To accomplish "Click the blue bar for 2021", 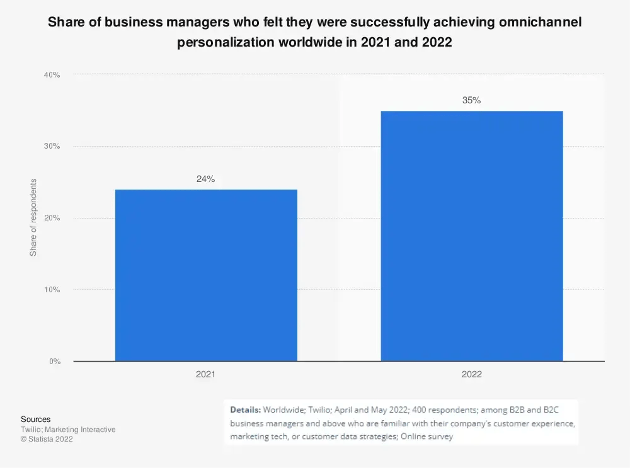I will (206, 275).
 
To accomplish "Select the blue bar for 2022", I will (472, 236).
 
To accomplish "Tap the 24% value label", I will (205, 179).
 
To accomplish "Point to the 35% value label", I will (471, 100).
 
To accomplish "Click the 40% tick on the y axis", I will (52, 74).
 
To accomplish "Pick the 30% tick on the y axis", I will (52, 146).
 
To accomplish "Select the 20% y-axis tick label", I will (52, 218).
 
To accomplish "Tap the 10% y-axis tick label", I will (52, 290).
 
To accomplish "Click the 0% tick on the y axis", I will (54, 362).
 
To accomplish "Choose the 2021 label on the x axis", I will (205, 374).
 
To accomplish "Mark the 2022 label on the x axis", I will (471, 374).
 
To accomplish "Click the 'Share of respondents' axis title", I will (34, 217).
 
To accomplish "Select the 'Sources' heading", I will (35, 419).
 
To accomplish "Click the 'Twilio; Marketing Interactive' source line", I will (68, 430).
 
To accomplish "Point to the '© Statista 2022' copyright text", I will (47, 440).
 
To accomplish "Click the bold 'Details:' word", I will (245, 408).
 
